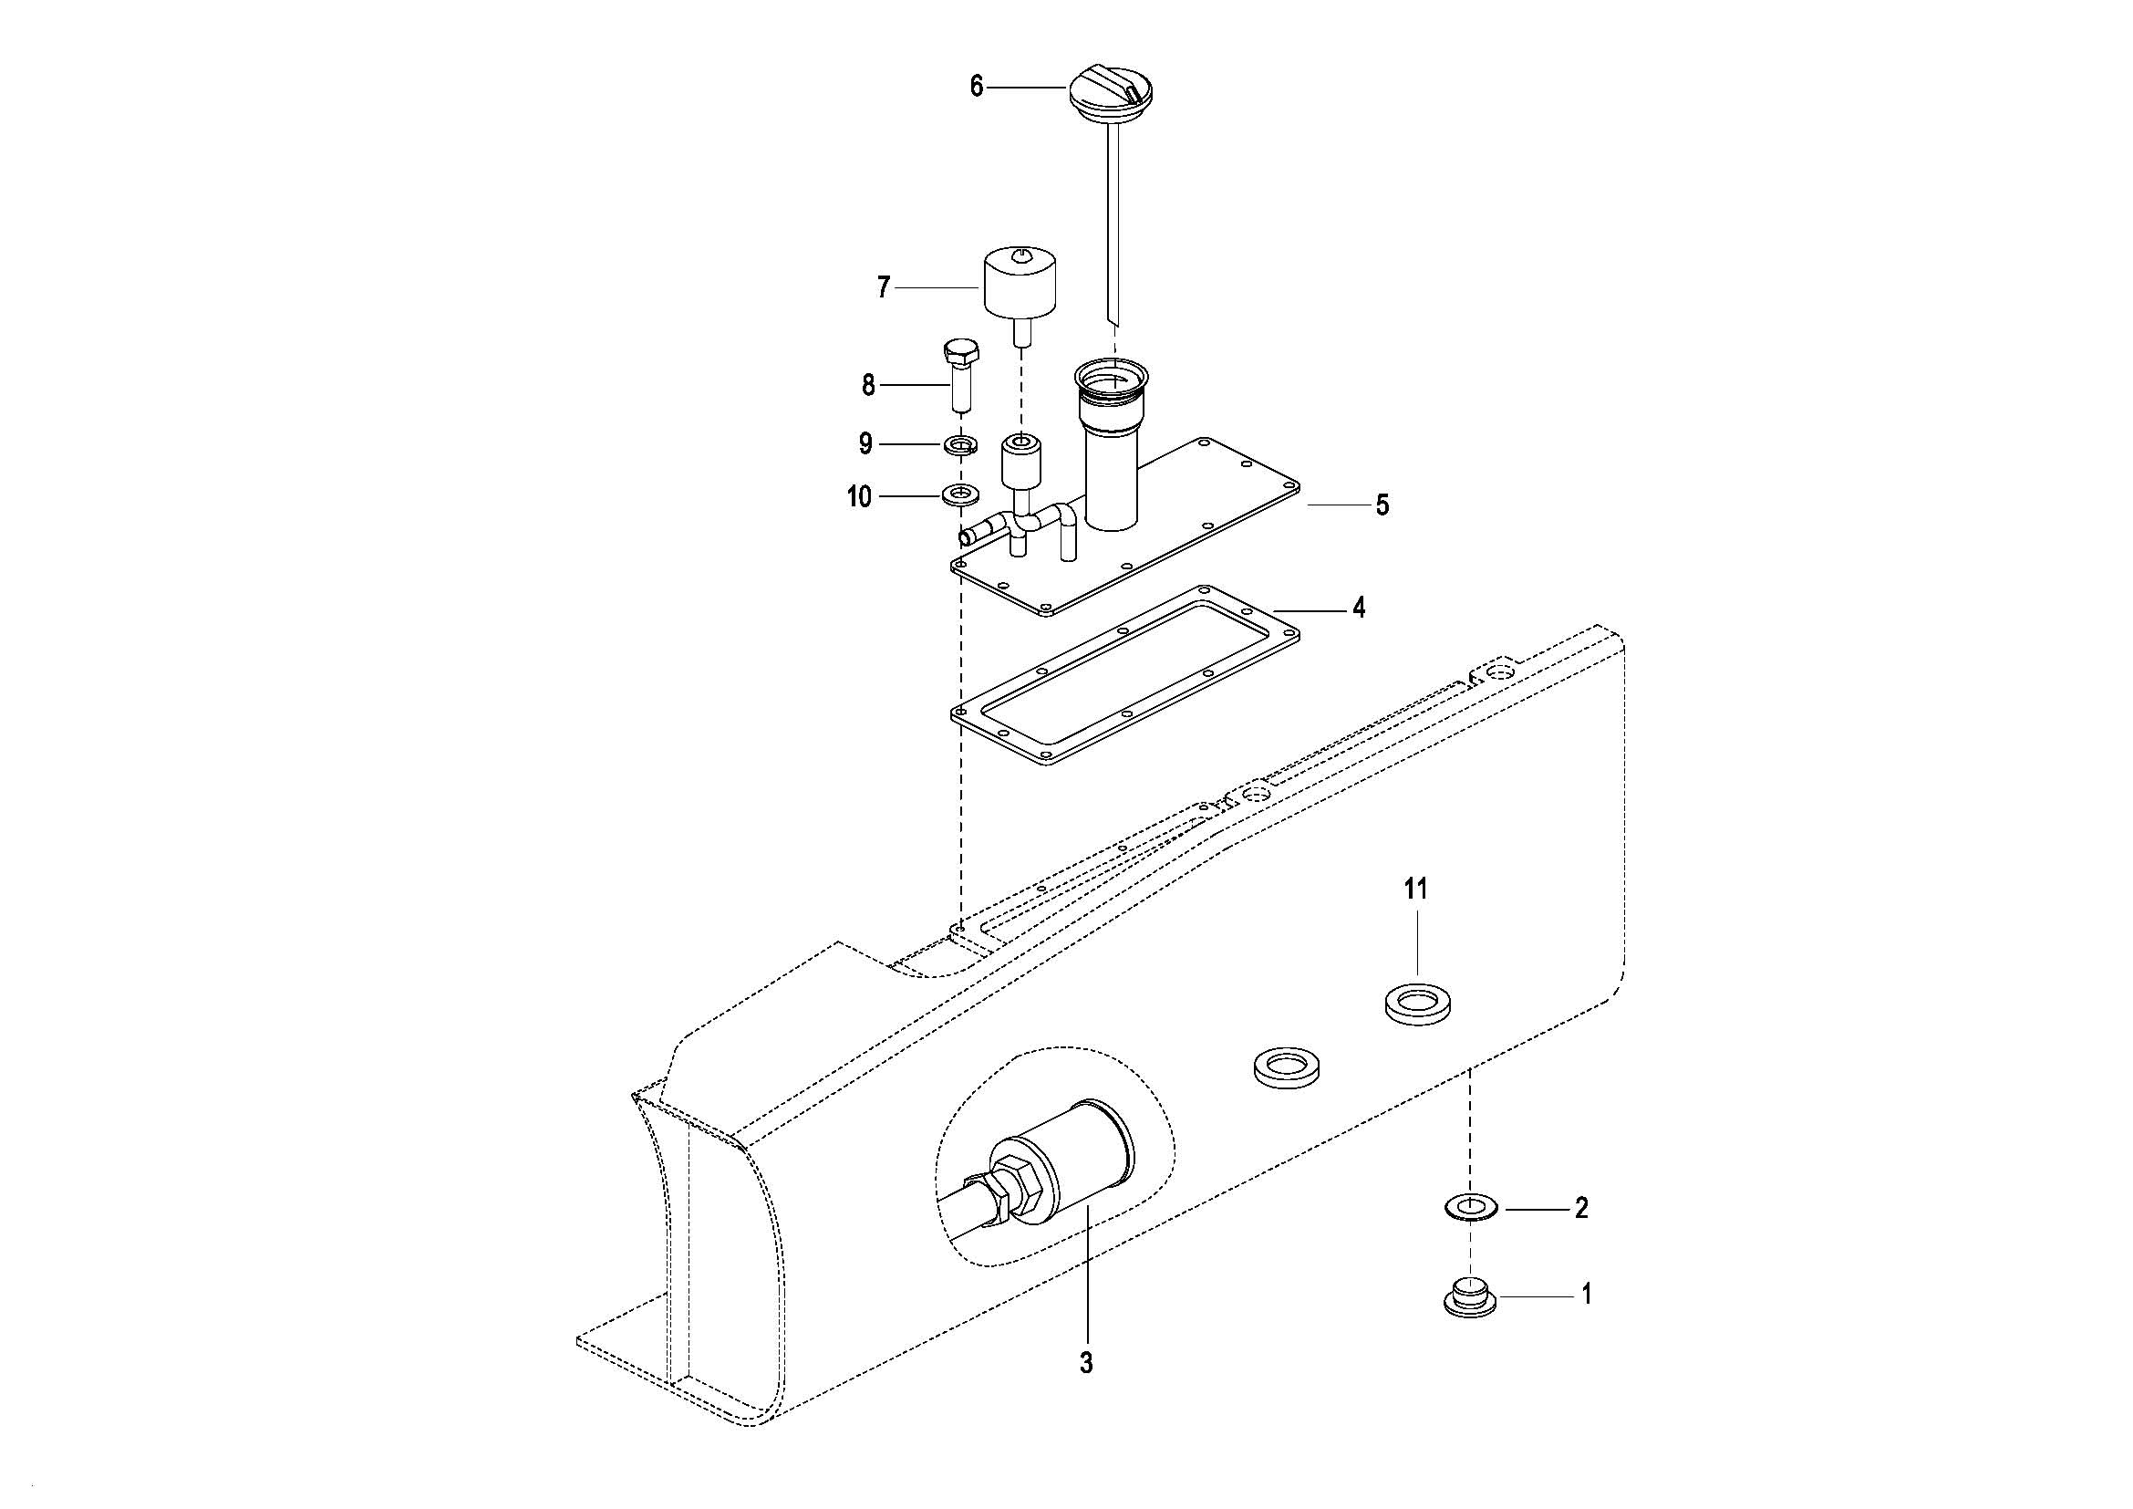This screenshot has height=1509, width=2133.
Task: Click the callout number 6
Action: (977, 88)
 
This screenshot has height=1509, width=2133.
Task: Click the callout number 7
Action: (884, 287)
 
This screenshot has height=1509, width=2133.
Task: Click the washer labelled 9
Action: (960, 444)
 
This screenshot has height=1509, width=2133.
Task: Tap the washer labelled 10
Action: (960, 495)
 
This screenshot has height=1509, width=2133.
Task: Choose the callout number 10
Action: (859, 497)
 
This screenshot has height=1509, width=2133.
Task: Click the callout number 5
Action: (1382, 505)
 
